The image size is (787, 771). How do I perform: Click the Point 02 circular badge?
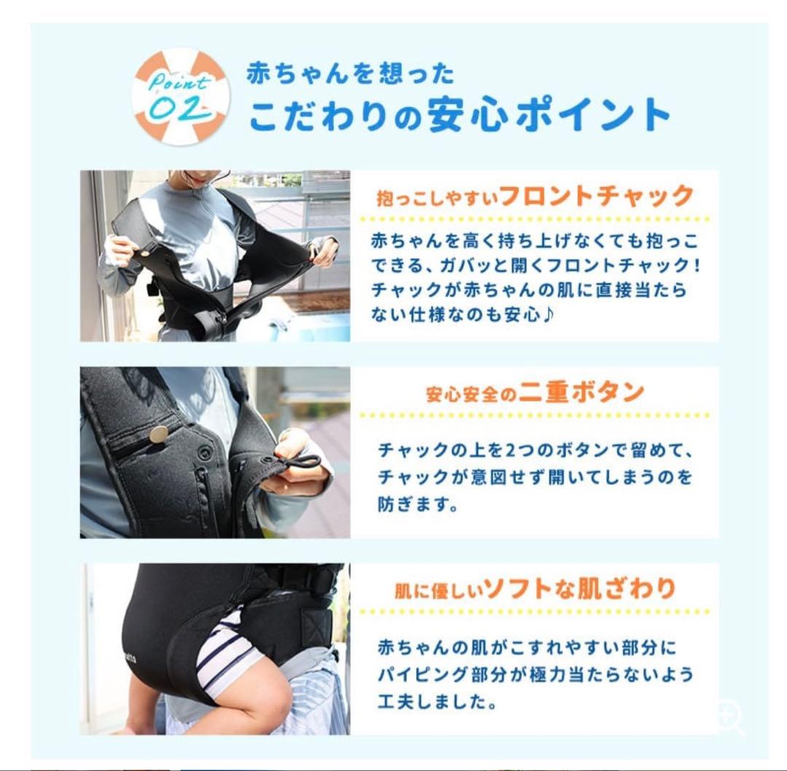(x=181, y=97)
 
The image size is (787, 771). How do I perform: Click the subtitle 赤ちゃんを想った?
(x=350, y=74)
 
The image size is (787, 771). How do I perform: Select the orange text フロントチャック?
(x=596, y=196)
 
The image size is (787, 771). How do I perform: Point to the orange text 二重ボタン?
(x=582, y=392)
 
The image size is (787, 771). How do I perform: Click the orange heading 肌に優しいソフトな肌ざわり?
(x=535, y=588)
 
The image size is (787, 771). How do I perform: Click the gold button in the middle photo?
(x=158, y=434)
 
